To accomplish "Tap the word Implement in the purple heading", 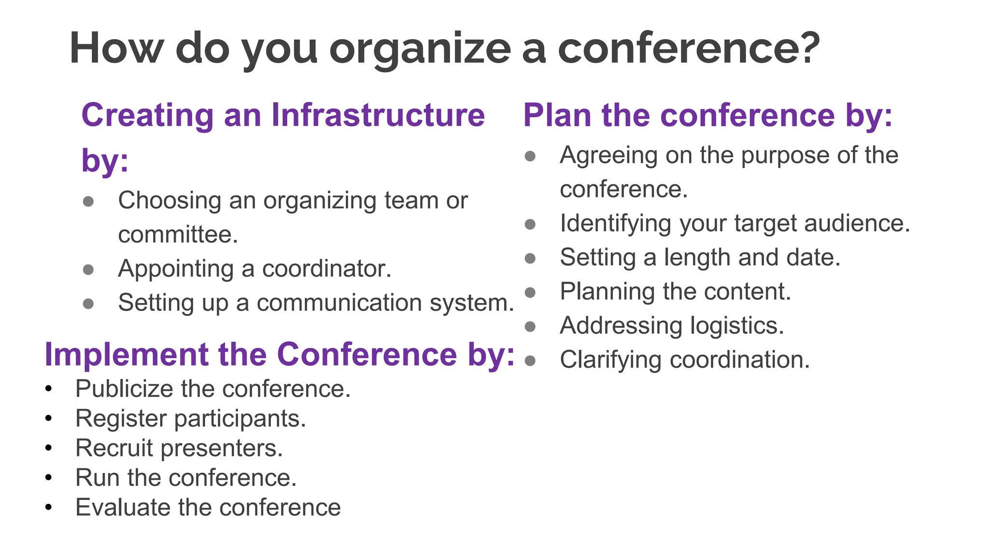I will pos(126,355).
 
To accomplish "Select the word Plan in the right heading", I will pos(557,115).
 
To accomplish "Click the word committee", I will pos(178,235).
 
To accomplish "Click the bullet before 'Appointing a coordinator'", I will pos(88,269).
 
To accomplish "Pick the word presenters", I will pos(222,448).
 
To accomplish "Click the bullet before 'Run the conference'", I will pos(48,478).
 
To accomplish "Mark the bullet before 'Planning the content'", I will pos(530,292).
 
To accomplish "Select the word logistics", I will pos(737,326).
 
